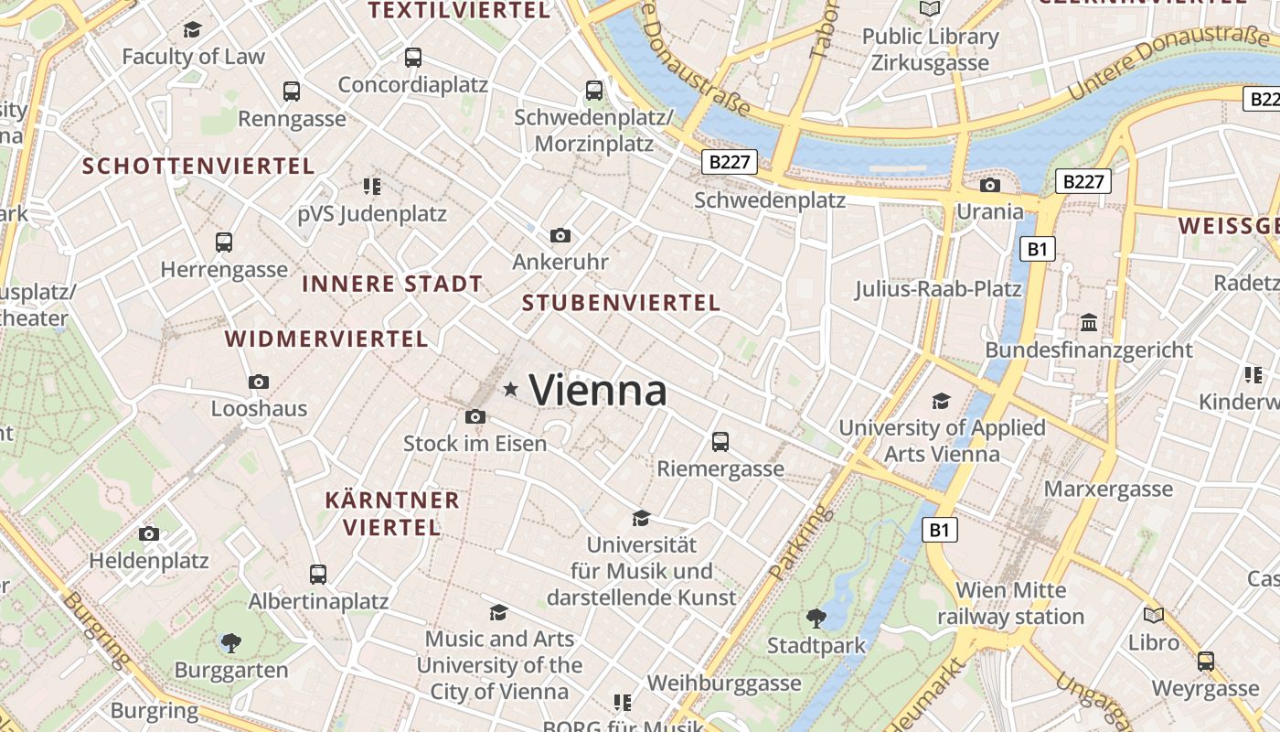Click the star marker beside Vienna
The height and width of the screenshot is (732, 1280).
pyautogui.click(x=510, y=391)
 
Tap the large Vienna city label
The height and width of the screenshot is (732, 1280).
pyautogui.click(x=598, y=391)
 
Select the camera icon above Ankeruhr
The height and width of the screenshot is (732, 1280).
pyautogui.click(x=560, y=236)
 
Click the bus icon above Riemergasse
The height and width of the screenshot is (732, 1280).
pyautogui.click(x=720, y=442)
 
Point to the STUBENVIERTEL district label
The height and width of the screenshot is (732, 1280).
pyautogui.click(x=621, y=303)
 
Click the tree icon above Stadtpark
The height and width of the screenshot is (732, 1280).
pyautogui.click(x=816, y=619)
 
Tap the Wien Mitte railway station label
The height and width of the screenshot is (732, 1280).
pyautogui.click(x=1010, y=603)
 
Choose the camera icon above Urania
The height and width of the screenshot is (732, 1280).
pyautogui.click(x=989, y=186)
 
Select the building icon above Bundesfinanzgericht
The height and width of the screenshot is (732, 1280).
pyautogui.click(x=1088, y=323)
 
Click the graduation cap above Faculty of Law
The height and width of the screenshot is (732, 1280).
pyautogui.click(x=192, y=30)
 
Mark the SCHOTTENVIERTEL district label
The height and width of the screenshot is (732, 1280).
pyautogui.click(x=198, y=167)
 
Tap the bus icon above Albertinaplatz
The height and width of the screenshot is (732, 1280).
pyautogui.click(x=318, y=575)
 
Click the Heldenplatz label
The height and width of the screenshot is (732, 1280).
pyautogui.click(x=149, y=561)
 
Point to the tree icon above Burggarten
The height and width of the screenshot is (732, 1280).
pyautogui.click(x=231, y=643)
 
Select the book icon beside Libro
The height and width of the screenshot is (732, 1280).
pyautogui.click(x=1154, y=616)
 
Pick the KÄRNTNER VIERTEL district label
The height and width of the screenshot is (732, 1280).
pyautogui.click(x=392, y=514)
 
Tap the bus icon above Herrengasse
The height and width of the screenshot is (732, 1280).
pyautogui.click(x=224, y=242)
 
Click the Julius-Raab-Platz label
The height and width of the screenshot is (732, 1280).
pyautogui.click(x=938, y=289)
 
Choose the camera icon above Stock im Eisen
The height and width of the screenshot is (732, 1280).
pyautogui.click(x=475, y=417)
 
